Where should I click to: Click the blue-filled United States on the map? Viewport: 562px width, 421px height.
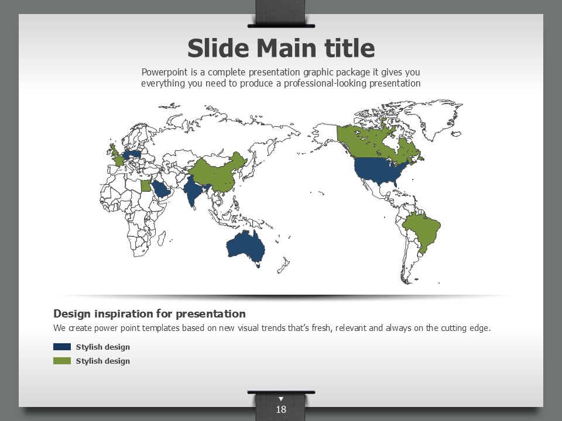[380, 170]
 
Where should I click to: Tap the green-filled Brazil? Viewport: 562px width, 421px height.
[422, 229]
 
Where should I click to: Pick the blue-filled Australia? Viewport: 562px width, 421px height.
[246, 247]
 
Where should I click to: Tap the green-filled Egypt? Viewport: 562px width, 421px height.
[146, 186]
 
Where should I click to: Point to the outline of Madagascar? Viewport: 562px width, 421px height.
[162, 239]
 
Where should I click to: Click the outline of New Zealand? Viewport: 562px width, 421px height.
[283, 265]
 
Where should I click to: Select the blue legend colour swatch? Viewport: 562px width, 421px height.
[62, 347]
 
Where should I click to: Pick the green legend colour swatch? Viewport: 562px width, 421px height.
[62, 361]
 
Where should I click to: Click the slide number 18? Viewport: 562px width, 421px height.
[281, 409]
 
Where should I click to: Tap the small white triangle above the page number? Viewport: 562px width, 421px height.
[281, 398]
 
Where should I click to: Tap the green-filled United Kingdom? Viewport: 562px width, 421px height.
[114, 149]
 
